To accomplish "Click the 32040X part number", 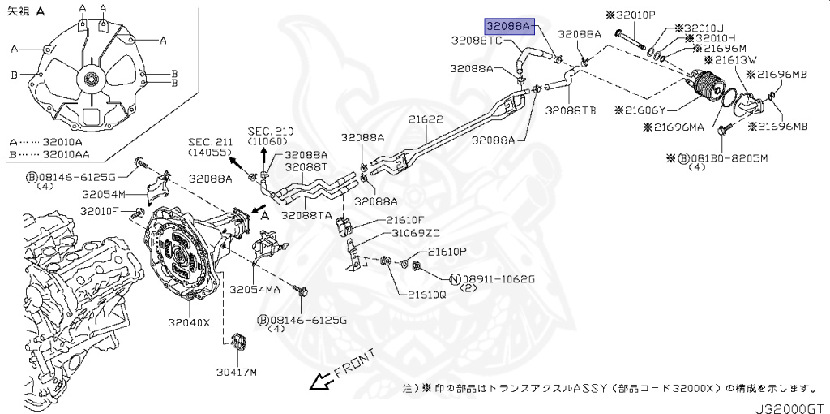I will pos(189,321).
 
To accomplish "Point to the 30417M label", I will pos(236,373).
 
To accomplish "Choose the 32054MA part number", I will pos(255,289).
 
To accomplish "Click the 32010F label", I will pos(100,212).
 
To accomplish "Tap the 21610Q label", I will pos(426,295).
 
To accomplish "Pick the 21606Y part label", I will pos(640,110).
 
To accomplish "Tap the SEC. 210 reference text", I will pos(271,131).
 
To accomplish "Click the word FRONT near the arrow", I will pos(353,361).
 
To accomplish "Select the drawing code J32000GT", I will pos(792,403).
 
